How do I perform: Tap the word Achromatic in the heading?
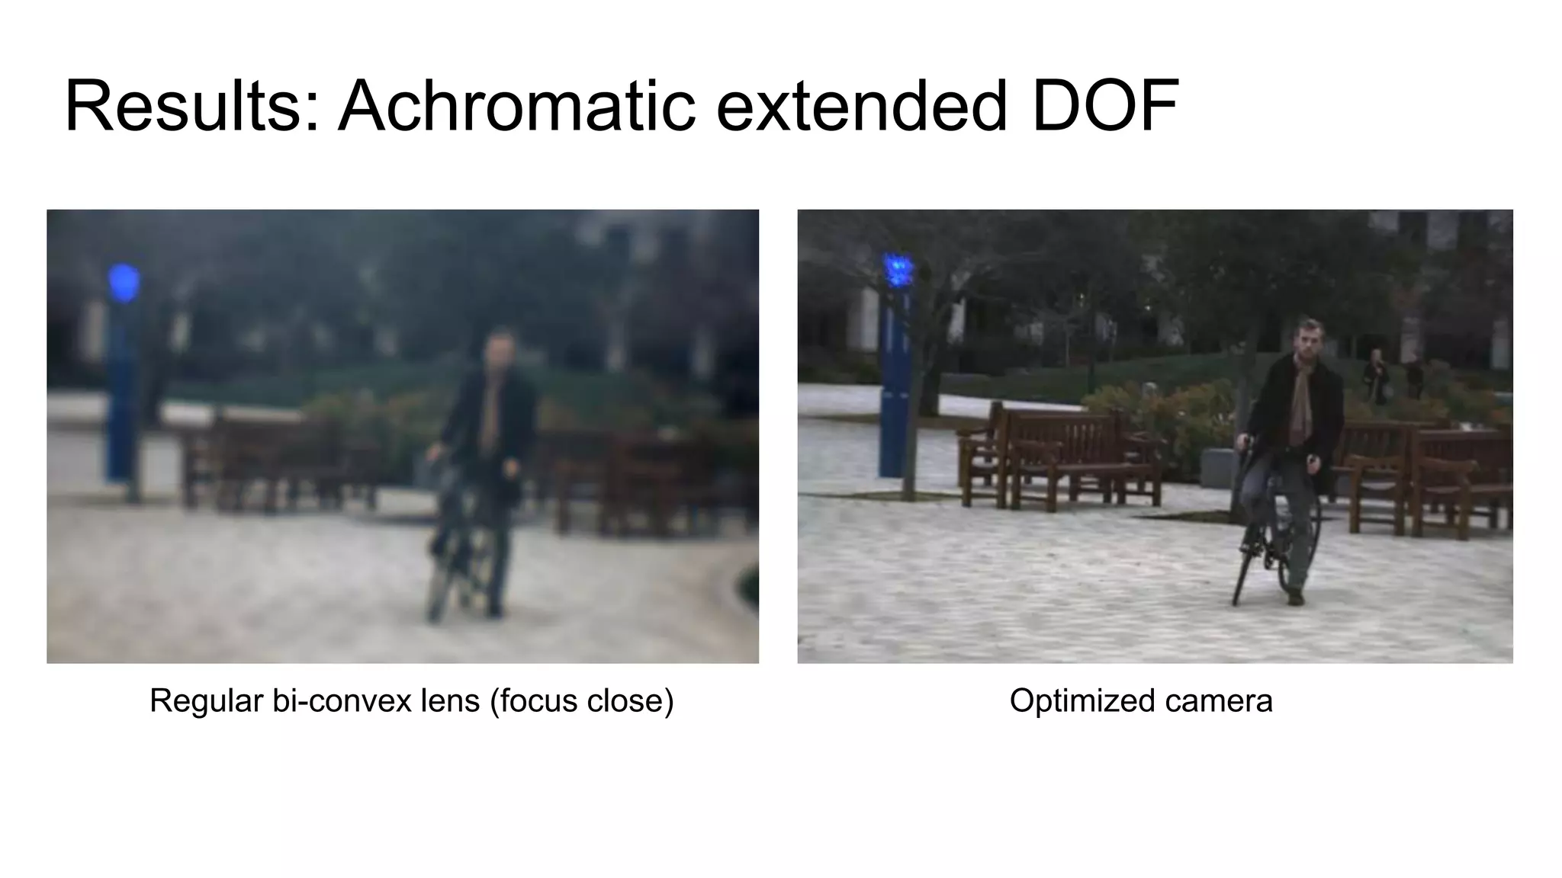coord(516,107)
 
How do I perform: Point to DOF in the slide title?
coord(1105,107)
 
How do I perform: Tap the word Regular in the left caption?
coord(206,701)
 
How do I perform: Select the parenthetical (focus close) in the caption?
coord(582,701)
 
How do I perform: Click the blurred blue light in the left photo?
coord(124,281)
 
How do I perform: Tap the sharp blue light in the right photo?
coord(897,270)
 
